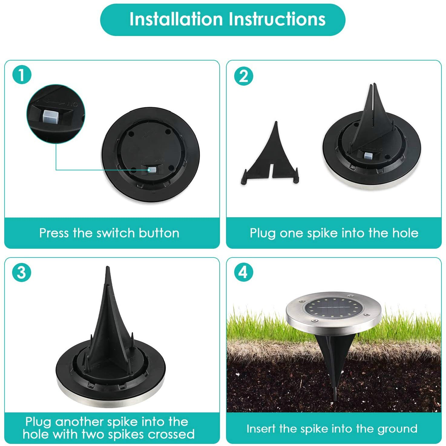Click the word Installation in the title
(176, 19)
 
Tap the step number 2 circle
(244, 76)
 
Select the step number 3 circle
(21, 272)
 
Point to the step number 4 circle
(244, 272)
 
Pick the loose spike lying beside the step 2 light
(270, 160)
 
